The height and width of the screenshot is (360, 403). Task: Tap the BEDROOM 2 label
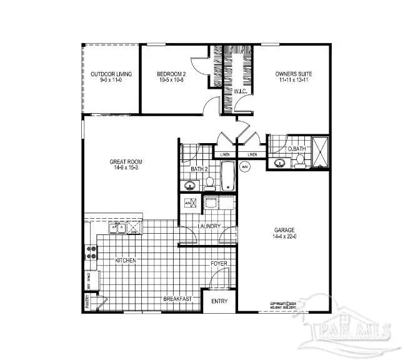coord(172,74)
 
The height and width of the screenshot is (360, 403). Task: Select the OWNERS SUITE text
coord(294,74)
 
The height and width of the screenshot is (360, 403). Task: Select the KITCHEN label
coord(126,259)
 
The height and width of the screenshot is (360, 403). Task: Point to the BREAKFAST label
coord(177,299)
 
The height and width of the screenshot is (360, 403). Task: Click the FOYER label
coord(219,263)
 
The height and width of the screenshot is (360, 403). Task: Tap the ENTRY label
coord(219,301)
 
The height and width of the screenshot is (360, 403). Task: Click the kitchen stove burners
coord(91,252)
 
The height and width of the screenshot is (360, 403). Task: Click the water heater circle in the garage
coord(245,166)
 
